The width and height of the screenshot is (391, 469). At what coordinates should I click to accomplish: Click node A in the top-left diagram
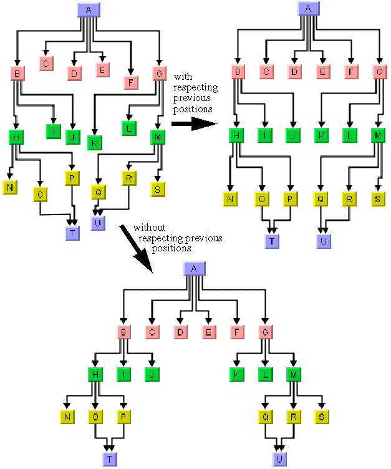tap(87, 10)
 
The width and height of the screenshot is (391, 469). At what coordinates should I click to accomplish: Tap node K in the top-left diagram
tap(95, 142)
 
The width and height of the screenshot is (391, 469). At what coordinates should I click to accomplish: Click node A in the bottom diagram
tap(193, 268)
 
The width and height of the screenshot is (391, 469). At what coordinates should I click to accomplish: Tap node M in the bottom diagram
tap(294, 374)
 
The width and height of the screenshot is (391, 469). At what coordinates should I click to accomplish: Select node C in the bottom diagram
tap(152, 332)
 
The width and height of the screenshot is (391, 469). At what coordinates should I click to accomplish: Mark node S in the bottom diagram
tap(322, 417)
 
